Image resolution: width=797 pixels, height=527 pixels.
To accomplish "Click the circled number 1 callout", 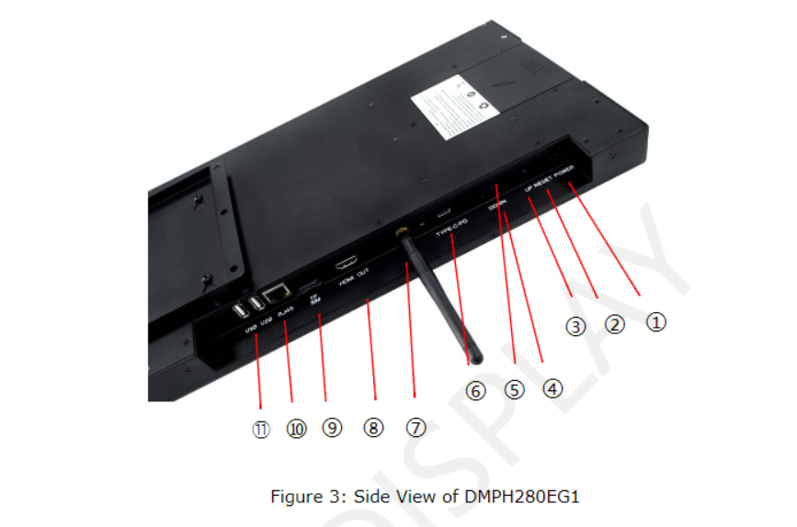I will pyautogui.click(x=655, y=322).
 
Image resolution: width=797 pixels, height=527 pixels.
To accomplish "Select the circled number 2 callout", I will pyautogui.click(x=614, y=324).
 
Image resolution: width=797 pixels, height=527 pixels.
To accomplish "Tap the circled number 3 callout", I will pyautogui.click(x=575, y=326).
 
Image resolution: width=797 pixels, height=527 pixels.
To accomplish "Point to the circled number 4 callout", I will pyautogui.click(x=552, y=388).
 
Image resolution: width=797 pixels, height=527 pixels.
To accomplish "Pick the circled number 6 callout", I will pyautogui.click(x=475, y=391).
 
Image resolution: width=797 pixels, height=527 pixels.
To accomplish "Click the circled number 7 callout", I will pyautogui.click(x=416, y=428).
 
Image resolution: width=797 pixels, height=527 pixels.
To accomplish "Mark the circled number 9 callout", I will pyautogui.click(x=332, y=429).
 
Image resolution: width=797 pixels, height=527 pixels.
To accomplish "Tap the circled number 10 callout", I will pyautogui.click(x=295, y=429).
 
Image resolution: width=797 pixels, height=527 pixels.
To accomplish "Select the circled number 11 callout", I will pyautogui.click(x=262, y=430).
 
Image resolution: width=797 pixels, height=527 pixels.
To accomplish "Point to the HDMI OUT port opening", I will pyautogui.click(x=347, y=261).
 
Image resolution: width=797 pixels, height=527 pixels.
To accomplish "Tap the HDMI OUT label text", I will pyautogui.click(x=356, y=278).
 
